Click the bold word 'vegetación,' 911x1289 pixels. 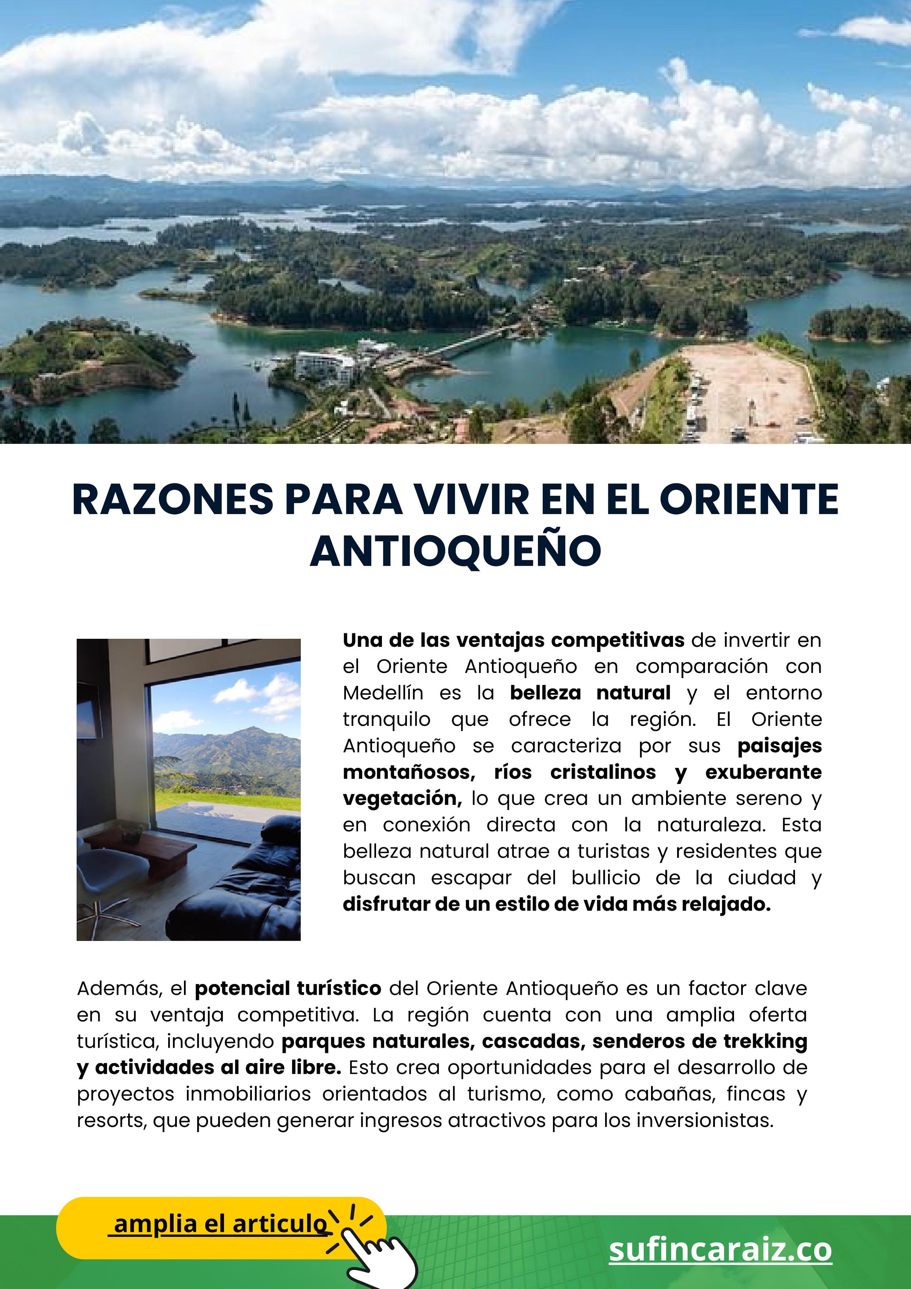pyautogui.click(x=402, y=798)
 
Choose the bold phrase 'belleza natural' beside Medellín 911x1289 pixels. pyautogui.click(x=590, y=693)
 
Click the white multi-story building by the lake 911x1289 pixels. pyautogui.click(x=326, y=365)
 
